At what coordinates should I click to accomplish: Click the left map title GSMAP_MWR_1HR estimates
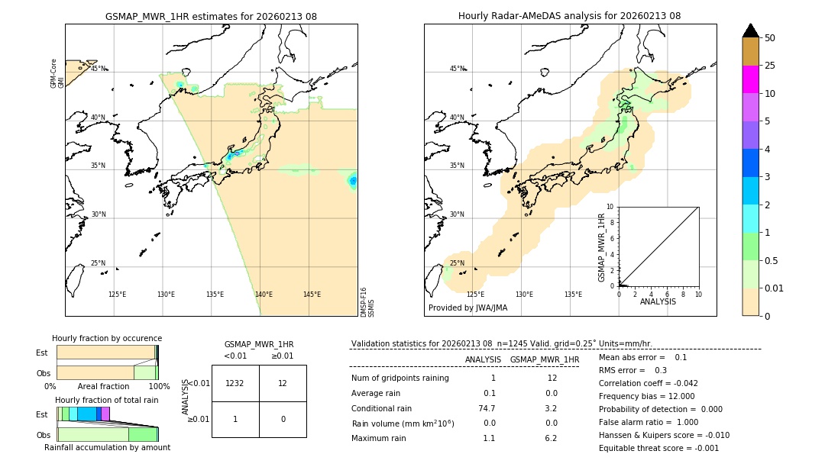(x=211, y=16)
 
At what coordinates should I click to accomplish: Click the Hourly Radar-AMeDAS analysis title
(x=569, y=16)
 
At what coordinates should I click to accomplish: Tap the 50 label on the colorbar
(x=771, y=38)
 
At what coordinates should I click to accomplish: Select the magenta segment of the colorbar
(x=750, y=79)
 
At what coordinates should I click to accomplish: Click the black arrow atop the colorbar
(x=750, y=31)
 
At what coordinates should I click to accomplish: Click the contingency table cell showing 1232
(x=235, y=383)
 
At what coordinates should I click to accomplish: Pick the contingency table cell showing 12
(x=283, y=383)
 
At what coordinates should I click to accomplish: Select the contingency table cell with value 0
(x=283, y=419)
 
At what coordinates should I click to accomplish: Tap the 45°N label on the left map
(x=99, y=69)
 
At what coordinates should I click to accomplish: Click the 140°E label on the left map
(x=264, y=295)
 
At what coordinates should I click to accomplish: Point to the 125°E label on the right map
(x=475, y=295)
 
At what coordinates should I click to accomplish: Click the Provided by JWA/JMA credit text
(x=467, y=308)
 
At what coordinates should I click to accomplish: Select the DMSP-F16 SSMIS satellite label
(x=367, y=302)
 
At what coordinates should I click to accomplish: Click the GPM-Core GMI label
(x=57, y=73)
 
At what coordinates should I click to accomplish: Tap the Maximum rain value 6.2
(x=551, y=438)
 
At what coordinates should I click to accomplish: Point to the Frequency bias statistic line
(x=646, y=396)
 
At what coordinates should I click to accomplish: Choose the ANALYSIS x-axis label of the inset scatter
(x=658, y=302)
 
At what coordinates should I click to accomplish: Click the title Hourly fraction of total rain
(x=107, y=400)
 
